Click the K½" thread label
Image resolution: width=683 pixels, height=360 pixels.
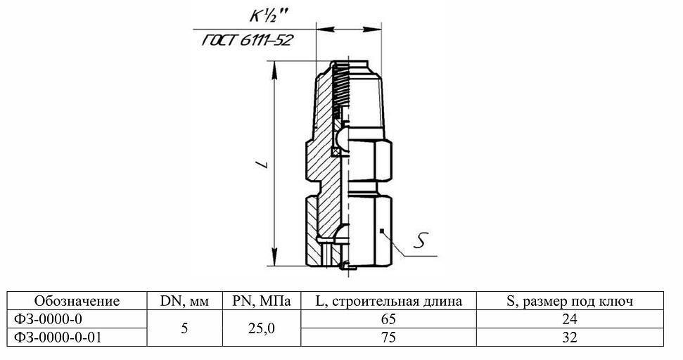pyautogui.click(x=258, y=14)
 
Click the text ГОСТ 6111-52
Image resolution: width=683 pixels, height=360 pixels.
pyautogui.click(x=247, y=41)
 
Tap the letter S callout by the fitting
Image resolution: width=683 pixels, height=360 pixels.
pyautogui.click(x=420, y=242)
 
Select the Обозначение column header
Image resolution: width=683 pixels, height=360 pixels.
pyautogui.click(x=77, y=302)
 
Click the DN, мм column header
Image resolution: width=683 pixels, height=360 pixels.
pyautogui.click(x=184, y=302)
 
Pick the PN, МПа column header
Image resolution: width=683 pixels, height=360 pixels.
pyautogui.click(x=261, y=302)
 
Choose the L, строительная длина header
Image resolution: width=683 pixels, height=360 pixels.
pyautogui.click(x=388, y=302)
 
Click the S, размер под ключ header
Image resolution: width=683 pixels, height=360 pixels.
pyautogui.click(x=570, y=302)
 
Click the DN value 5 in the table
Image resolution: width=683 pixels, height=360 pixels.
pyautogui.click(x=184, y=328)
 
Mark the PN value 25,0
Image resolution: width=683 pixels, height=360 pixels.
pyautogui.click(x=261, y=328)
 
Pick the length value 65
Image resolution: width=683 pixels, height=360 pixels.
pyautogui.click(x=388, y=319)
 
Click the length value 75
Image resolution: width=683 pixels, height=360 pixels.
pyautogui.click(x=388, y=337)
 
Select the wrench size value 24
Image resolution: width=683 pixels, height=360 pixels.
pyautogui.click(x=570, y=319)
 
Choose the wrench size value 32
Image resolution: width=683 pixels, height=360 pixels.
pyautogui.click(x=570, y=337)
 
